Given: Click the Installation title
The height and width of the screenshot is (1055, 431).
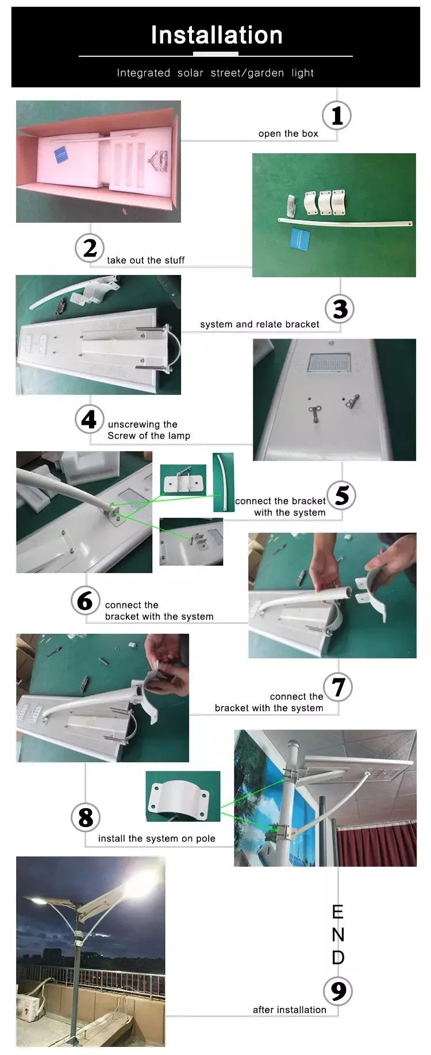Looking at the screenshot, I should (216, 36).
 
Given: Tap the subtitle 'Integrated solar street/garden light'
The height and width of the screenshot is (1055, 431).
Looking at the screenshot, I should (215, 73).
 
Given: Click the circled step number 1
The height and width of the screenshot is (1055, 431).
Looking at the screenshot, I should (337, 115).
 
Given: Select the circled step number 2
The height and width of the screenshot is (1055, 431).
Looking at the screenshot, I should (90, 248).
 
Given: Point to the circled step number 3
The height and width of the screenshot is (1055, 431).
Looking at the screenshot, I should (340, 309).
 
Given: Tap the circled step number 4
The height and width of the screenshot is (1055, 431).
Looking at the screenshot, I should (89, 419).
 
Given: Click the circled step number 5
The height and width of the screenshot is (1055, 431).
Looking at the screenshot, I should (341, 495).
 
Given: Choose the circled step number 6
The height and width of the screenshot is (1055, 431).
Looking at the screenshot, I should (85, 600).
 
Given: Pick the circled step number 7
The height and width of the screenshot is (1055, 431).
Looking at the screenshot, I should (338, 687).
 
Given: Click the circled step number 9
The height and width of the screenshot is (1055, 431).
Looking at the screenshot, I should (338, 991).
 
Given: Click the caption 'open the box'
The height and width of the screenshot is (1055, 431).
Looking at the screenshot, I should (288, 134).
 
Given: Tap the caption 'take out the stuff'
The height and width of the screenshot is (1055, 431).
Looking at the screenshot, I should (145, 260).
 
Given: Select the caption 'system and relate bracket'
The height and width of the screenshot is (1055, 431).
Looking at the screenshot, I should (259, 324).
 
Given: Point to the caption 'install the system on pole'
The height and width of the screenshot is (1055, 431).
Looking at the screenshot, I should (156, 839).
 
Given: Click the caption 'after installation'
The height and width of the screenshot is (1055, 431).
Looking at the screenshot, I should (289, 1010).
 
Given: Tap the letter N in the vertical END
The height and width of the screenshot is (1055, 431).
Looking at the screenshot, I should (338, 935).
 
